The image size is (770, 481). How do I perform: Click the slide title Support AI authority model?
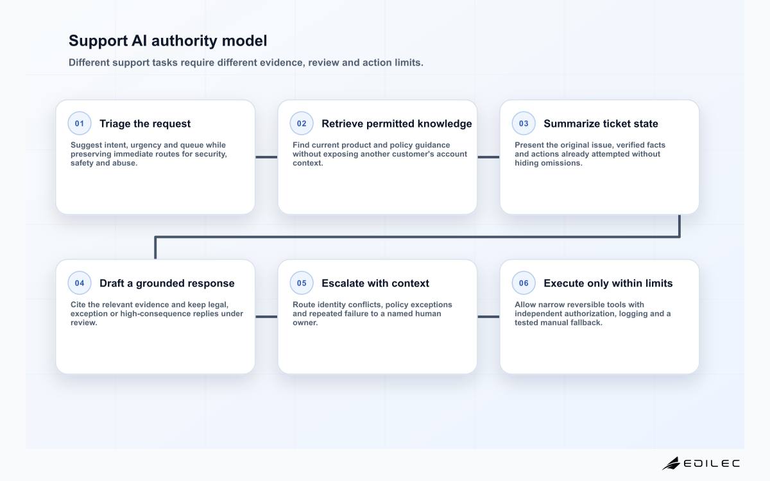point(167,40)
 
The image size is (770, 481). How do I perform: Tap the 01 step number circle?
point(80,123)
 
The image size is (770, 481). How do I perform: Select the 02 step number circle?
point(302,123)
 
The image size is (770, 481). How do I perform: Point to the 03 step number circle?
point(524,123)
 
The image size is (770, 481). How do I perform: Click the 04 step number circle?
point(80,283)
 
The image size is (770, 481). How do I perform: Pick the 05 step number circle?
point(302,283)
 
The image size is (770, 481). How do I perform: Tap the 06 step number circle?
point(524,283)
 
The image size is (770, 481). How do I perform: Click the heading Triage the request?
point(145,124)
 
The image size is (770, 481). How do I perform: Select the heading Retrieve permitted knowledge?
point(397,124)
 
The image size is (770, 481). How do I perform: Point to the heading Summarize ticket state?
point(601,124)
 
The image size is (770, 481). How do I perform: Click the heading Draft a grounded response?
point(167,283)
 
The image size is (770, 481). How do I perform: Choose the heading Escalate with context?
point(375,283)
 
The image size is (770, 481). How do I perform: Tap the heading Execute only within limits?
point(608,283)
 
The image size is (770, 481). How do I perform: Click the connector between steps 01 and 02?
point(266,157)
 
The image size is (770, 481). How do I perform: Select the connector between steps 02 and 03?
point(488,157)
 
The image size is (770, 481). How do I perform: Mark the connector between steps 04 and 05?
point(266,317)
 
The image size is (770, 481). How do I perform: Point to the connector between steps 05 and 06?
point(488,317)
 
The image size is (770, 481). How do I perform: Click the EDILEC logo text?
point(712,464)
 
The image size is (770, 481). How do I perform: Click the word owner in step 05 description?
point(305,323)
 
